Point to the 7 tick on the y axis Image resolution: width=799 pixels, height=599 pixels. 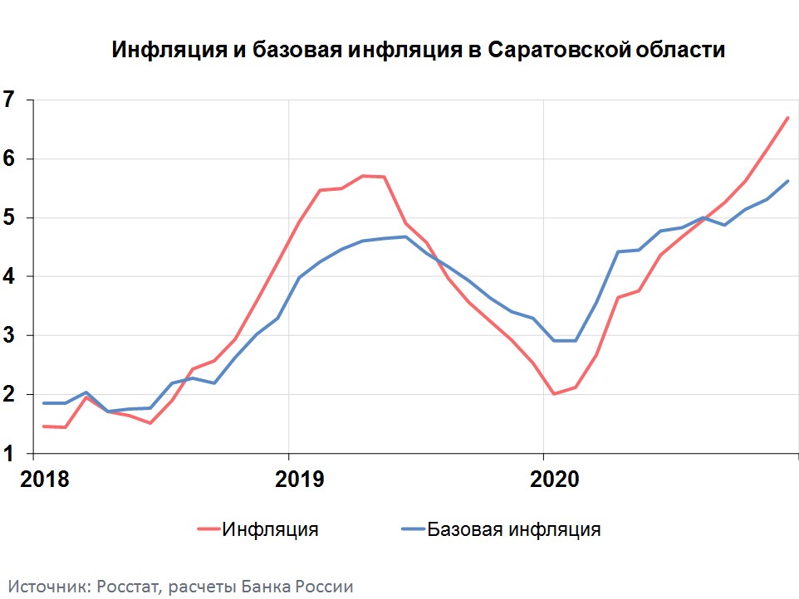[9, 100]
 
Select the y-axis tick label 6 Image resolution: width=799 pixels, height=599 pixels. [9, 158]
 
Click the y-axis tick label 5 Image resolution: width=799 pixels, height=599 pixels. [9, 217]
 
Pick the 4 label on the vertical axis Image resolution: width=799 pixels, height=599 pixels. [9, 276]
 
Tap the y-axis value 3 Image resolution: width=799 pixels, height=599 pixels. [9, 335]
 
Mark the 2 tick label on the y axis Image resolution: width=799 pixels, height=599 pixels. [9, 394]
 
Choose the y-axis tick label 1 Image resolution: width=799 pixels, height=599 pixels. [9, 453]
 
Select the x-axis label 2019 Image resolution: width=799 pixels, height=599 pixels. [298, 480]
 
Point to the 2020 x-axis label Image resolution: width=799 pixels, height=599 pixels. [553, 480]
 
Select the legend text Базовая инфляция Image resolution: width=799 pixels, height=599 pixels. [513, 529]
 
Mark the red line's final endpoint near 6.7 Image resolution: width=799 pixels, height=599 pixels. [787, 118]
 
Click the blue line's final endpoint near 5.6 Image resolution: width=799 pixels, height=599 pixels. [787, 181]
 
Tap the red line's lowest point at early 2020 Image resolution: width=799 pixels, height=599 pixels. [554, 393]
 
